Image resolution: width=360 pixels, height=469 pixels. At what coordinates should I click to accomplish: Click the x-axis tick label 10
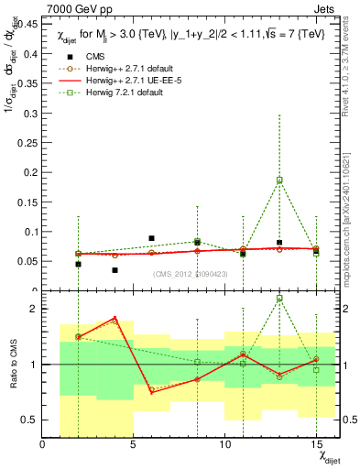(x=225, y=444)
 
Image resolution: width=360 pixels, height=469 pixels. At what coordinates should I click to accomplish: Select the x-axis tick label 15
(x=317, y=444)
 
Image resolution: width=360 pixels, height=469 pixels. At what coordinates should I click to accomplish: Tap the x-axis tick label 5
(x=134, y=444)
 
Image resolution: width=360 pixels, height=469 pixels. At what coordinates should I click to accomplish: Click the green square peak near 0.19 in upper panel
(x=279, y=180)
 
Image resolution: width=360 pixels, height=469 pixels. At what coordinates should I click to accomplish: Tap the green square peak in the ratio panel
(x=279, y=298)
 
